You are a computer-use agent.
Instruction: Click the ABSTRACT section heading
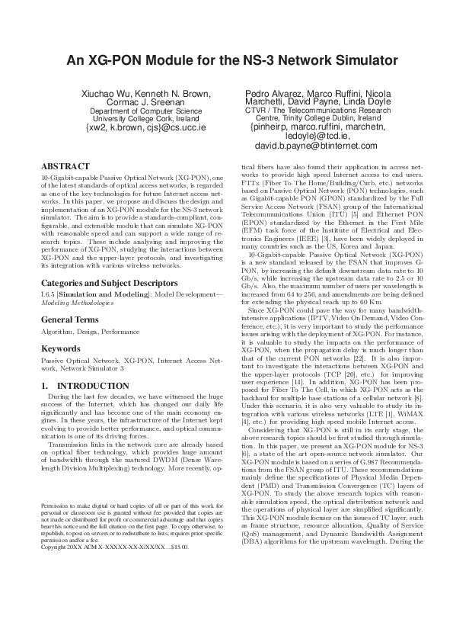[64, 165]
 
